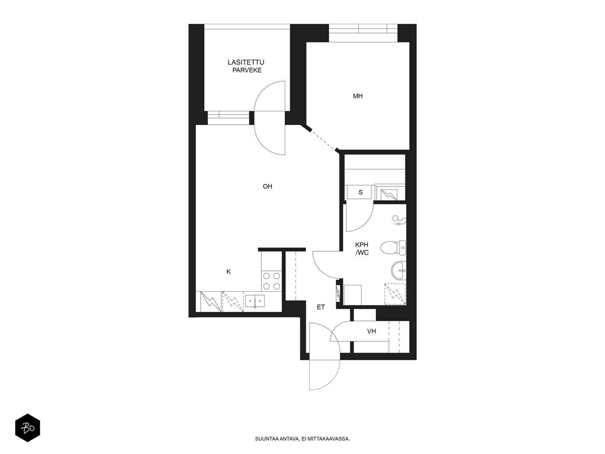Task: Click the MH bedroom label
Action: (357, 96)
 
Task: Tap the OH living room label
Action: (267, 187)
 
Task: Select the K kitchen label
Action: (228, 272)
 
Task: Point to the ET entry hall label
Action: (321, 307)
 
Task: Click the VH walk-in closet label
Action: (371, 331)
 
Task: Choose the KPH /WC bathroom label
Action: (361, 249)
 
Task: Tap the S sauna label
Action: (360, 192)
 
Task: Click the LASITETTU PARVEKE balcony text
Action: (245, 66)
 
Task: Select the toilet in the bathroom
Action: (393, 247)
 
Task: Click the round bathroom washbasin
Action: (398, 270)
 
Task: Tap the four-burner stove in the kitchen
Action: (271, 281)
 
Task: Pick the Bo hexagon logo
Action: (28, 428)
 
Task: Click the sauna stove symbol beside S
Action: (389, 195)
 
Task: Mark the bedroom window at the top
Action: (363, 33)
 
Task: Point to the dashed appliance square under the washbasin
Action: (395, 294)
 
